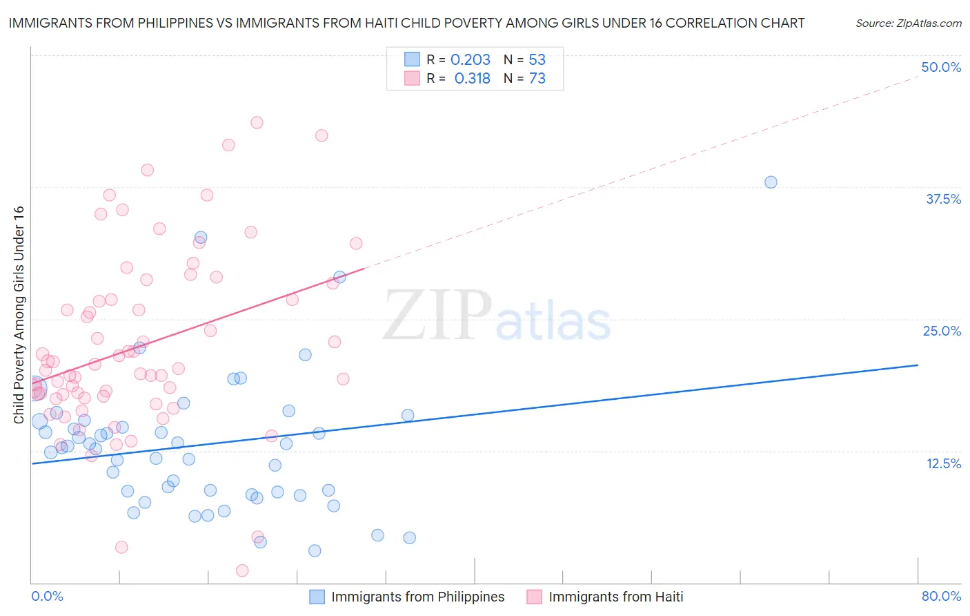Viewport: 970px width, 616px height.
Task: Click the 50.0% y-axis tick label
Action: pos(941,67)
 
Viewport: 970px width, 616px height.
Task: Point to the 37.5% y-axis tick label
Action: pos(943,199)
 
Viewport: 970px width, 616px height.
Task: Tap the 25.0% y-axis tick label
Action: pos(942,331)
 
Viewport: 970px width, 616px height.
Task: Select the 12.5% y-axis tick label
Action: pos(943,463)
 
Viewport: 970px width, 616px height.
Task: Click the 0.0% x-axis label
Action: pos(47,596)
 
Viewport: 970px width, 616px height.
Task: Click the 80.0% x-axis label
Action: pos(941,596)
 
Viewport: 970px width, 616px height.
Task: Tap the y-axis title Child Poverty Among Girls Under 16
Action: pos(19,315)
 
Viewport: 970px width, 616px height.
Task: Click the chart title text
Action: pos(406,23)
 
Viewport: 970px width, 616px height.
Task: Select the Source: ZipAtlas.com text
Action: pos(908,23)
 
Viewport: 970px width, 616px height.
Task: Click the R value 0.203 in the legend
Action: pos(470,60)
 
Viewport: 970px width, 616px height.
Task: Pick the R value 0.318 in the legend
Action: pos(472,79)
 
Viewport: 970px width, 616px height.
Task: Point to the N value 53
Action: pos(537,60)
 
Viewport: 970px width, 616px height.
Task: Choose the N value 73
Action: pos(537,79)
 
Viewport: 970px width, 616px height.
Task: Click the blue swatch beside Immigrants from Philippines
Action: pos(317,597)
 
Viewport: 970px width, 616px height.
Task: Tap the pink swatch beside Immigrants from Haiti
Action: pos(534,597)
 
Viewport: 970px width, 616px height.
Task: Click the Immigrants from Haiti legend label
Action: pos(615,597)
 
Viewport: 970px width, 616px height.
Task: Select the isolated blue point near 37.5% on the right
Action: pos(771,182)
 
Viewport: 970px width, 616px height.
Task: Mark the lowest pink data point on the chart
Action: pos(242,570)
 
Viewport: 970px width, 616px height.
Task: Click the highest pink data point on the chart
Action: pos(257,122)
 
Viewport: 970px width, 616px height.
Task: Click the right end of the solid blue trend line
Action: pos(918,365)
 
